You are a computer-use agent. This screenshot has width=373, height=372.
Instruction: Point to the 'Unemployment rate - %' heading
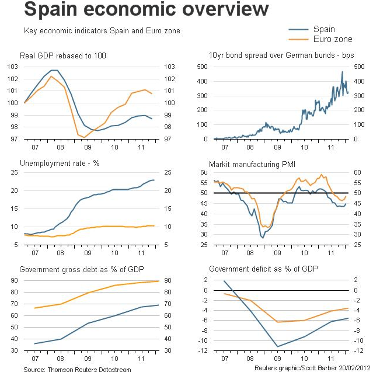click(60, 162)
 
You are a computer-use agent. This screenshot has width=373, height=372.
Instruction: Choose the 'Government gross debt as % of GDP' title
click(82, 270)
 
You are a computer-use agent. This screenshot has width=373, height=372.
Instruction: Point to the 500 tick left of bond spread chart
click(201, 67)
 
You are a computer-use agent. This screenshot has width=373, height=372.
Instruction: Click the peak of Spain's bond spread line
click(342, 72)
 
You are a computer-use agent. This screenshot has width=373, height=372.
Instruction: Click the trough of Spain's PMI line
click(262, 238)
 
